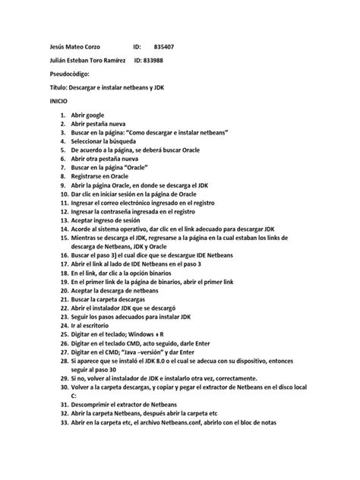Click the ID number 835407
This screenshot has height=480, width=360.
pos(164,46)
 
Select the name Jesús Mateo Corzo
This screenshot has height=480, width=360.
pos(74,46)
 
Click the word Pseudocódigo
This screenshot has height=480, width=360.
pos(68,74)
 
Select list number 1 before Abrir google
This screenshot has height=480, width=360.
pos(62,113)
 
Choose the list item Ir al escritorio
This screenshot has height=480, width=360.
pos(95,323)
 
